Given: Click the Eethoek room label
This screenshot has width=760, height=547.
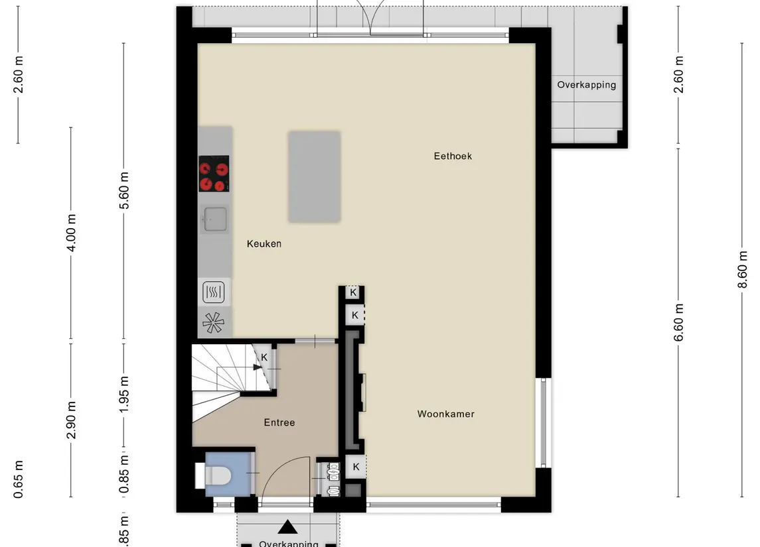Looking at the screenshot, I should (453, 156).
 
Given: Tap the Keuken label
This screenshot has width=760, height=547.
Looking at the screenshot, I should (264, 244).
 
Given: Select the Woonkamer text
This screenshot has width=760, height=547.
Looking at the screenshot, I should (445, 414).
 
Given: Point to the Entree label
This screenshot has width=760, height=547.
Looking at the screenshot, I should (279, 422).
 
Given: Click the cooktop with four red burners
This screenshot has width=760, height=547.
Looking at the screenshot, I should (214, 174).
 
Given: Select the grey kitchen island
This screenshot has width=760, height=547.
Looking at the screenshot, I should (314, 176).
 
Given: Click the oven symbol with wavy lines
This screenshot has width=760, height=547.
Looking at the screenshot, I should (214, 291).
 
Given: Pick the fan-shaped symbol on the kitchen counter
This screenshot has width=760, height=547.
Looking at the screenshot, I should (214, 323).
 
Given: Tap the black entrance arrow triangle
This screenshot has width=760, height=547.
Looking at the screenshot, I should (287, 527).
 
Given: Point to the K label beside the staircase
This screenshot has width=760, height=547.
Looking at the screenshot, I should (264, 357).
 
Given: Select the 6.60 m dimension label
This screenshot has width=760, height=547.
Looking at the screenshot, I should (678, 322).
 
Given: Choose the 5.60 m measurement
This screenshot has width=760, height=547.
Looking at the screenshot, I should (124, 190).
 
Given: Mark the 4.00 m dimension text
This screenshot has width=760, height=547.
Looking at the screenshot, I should (72, 233).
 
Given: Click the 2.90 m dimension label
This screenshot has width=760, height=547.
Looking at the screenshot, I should (72, 420).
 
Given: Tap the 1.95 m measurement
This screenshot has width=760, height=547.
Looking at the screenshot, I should (124, 395).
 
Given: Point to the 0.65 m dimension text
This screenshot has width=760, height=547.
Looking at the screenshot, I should (19, 479).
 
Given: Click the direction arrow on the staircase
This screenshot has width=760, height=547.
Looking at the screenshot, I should (256, 367).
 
